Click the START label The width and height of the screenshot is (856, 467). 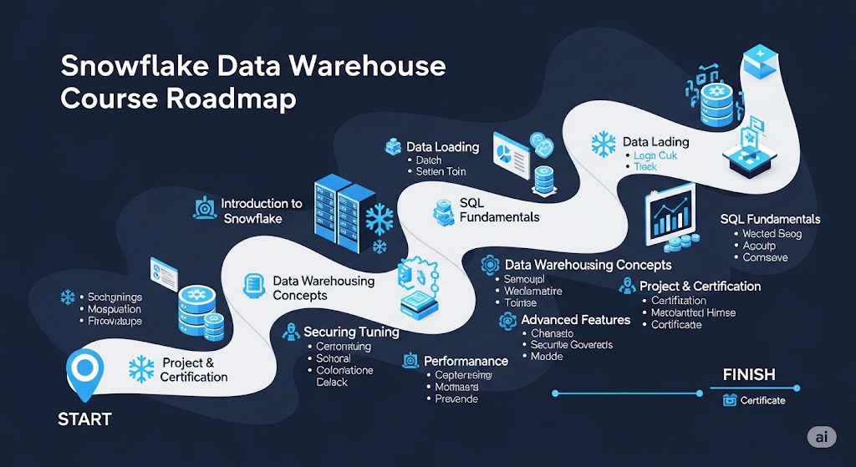tap(84, 419)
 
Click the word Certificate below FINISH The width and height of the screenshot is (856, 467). tap(762, 400)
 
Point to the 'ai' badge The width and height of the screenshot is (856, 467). tap(822, 438)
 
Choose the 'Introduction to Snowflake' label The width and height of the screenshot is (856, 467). tap(261, 211)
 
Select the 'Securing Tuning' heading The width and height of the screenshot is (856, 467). tap(351, 332)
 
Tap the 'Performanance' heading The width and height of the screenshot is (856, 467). tap(466, 361)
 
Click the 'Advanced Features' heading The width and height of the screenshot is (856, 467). tap(575, 320)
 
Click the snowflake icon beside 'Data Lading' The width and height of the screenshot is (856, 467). tap(603, 143)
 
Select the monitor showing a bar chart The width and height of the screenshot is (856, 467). tap(670, 215)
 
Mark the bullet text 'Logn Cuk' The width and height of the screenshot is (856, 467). tap(655, 155)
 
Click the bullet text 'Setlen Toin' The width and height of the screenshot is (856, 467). tap(441, 171)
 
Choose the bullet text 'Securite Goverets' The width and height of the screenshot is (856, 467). tap(572, 344)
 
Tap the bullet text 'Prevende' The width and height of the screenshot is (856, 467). tap(456, 399)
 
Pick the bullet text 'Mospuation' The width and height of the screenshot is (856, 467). tap(115, 309)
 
